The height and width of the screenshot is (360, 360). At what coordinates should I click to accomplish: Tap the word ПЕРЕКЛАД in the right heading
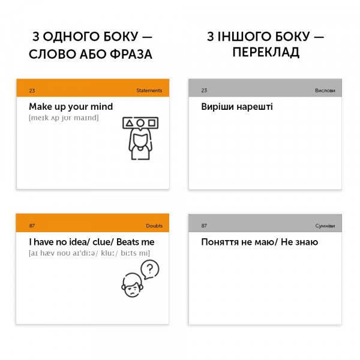click(266, 53)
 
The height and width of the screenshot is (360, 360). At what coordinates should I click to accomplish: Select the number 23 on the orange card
click(32, 91)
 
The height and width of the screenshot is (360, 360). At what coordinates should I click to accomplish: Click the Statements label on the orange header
click(149, 91)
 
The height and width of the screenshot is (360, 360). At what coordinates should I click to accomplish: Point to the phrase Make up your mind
click(71, 107)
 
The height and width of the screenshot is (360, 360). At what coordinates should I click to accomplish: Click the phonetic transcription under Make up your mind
click(64, 118)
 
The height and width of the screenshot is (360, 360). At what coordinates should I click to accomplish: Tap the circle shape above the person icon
click(140, 124)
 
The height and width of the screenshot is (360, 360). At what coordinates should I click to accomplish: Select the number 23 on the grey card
click(204, 91)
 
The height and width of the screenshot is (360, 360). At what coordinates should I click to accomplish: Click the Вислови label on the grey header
click(325, 91)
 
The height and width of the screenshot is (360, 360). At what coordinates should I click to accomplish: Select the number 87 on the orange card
click(32, 226)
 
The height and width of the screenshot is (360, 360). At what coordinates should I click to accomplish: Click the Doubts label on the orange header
click(154, 226)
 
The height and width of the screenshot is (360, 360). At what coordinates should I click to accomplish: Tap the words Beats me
click(136, 242)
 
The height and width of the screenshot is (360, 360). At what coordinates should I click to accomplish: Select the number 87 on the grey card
click(204, 226)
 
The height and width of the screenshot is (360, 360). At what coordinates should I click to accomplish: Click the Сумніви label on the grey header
click(325, 226)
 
